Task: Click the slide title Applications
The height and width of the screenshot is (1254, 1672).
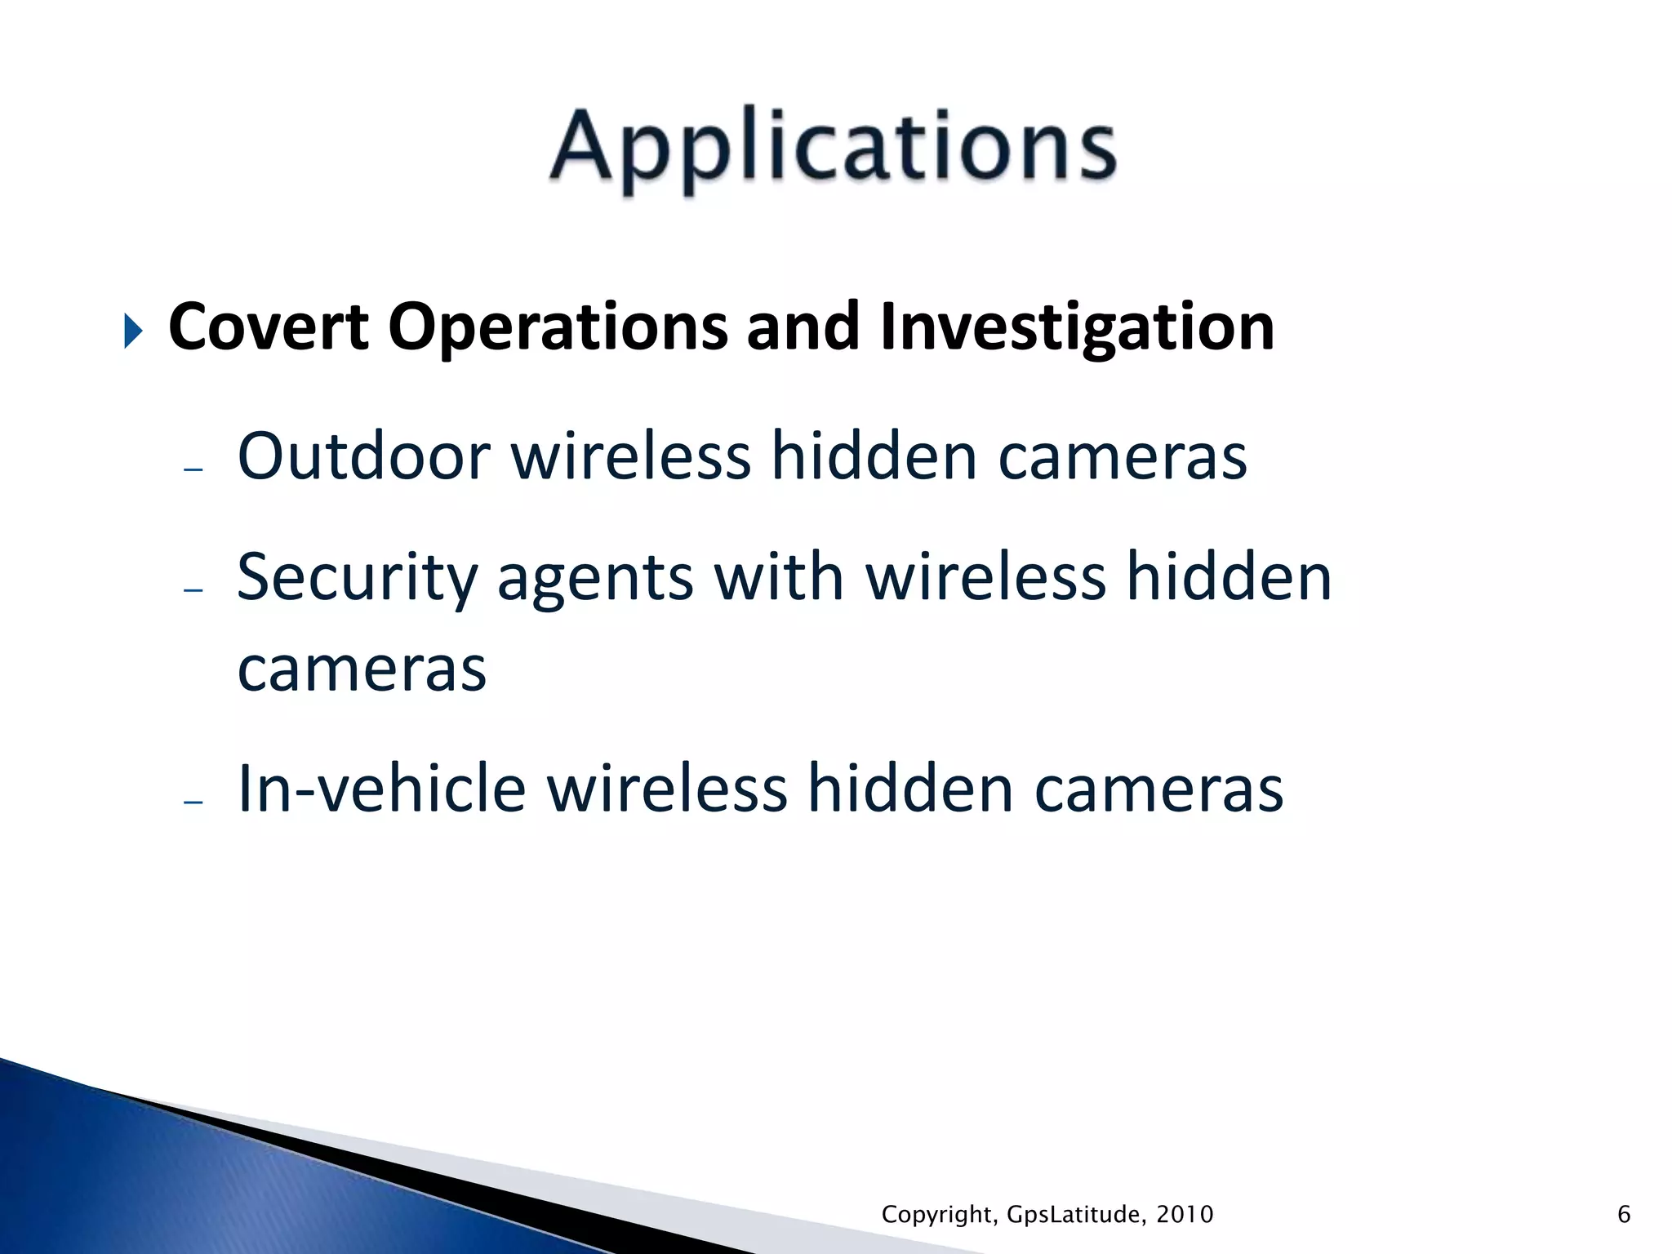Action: tap(833, 148)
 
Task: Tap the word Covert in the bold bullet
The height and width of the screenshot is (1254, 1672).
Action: tap(269, 327)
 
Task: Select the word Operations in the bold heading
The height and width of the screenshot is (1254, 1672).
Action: tap(558, 327)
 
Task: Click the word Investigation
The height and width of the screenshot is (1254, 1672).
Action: tap(1077, 327)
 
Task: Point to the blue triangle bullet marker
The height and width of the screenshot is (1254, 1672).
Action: tap(133, 331)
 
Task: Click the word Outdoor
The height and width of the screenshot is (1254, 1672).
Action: tap(363, 456)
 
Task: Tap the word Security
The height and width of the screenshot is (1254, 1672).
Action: tap(358, 578)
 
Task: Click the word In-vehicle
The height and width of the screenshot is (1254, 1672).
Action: tap(381, 789)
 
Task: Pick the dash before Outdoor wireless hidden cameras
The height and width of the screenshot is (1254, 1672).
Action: tap(193, 469)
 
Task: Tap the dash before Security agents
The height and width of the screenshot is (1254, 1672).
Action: tap(193, 589)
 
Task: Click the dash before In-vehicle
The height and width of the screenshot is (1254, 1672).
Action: tap(193, 803)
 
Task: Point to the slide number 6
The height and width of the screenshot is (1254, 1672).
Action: tap(1624, 1215)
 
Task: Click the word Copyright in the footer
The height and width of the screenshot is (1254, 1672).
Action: tap(938, 1215)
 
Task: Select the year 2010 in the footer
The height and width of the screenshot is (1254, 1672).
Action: tap(1185, 1215)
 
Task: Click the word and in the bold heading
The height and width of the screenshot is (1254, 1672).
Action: tap(803, 327)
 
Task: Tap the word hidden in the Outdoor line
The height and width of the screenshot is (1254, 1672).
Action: tap(874, 456)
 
